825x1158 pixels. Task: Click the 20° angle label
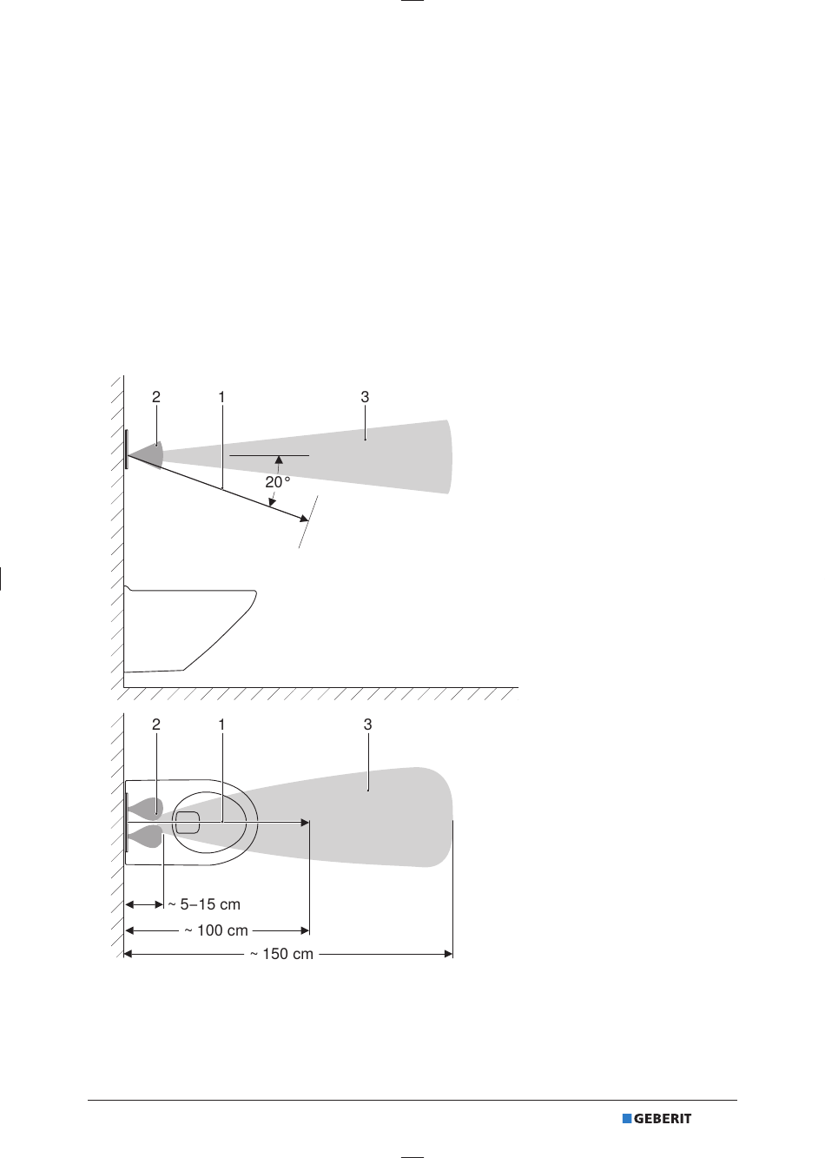click(x=278, y=482)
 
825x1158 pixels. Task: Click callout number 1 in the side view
click(x=221, y=397)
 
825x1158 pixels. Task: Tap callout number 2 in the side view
click(x=156, y=397)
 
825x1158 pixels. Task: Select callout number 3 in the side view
click(x=365, y=397)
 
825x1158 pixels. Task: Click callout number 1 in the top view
click(x=221, y=725)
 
